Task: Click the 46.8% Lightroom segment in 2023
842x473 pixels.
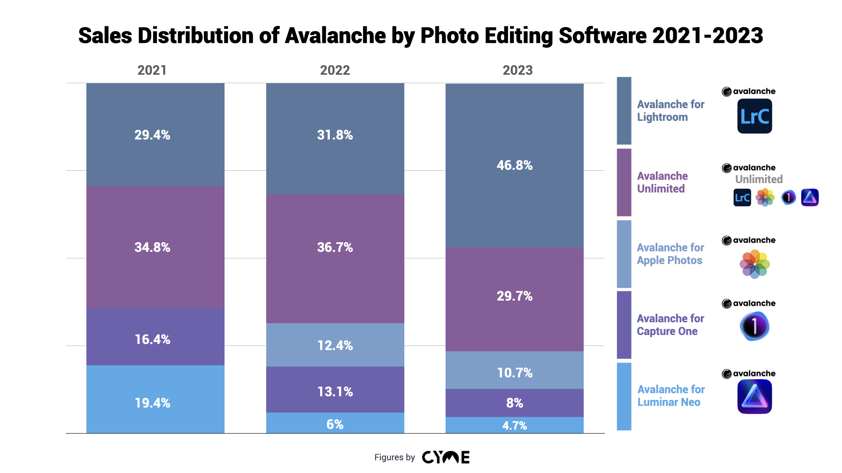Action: (x=514, y=166)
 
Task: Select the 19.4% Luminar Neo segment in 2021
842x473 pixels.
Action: (x=155, y=399)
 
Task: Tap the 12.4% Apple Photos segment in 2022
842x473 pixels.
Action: (x=335, y=345)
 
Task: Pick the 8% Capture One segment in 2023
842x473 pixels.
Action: (x=514, y=403)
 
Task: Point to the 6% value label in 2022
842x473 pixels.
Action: (x=335, y=424)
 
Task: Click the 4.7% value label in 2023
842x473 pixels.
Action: (x=514, y=426)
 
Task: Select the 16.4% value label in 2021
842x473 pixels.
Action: (x=152, y=339)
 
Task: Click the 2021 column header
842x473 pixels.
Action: (x=152, y=71)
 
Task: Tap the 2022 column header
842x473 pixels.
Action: (x=335, y=71)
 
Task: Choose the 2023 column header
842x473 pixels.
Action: (x=517, y=71)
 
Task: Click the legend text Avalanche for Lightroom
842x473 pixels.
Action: (x=670, y=111)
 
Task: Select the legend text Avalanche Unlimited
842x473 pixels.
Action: (x=662, y=182)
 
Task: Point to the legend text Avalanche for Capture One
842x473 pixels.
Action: (x=670, y=325)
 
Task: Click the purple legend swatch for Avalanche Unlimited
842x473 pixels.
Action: (x=624, y=182)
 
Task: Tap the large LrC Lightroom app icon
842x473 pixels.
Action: (x=754, y=116)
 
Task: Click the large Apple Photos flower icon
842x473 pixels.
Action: (x=754, y=264)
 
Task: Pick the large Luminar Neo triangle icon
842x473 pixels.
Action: (x=754, y=396)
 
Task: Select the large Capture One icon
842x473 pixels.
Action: (x=754, y=326)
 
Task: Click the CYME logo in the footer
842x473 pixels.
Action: (x=446, y=457)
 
